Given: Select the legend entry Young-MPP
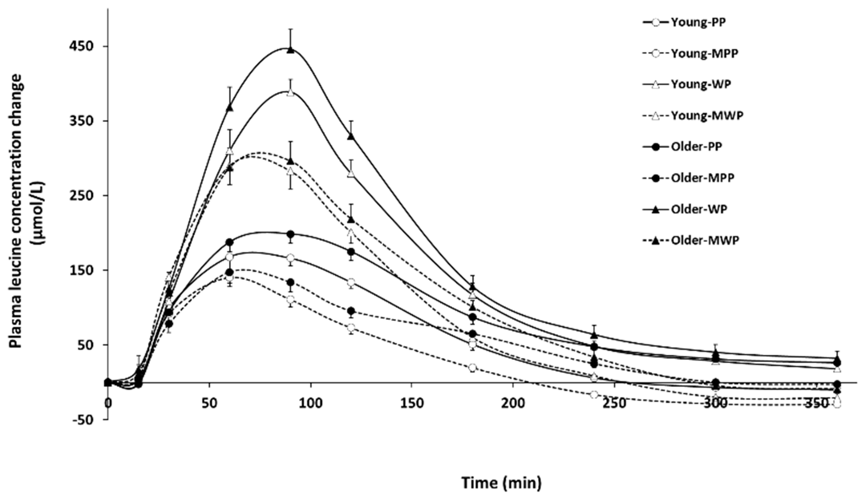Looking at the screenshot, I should [704, 54].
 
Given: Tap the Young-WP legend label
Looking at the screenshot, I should [701, 84].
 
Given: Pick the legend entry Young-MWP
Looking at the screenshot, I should [707, 116].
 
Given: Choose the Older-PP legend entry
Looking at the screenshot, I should [696, 147].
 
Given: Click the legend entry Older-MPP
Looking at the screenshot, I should [702, 178].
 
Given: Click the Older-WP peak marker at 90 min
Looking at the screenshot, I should [290, 50].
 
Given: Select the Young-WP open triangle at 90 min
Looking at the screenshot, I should [290, 93].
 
